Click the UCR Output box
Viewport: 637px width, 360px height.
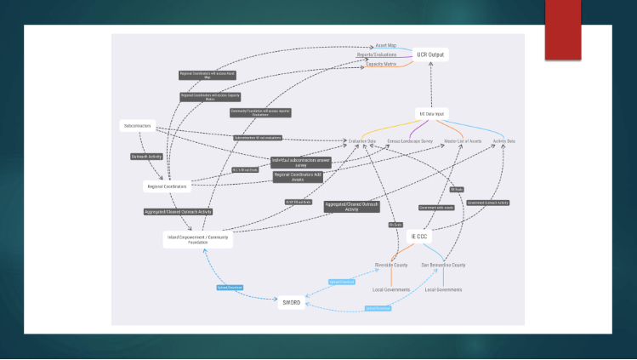click(430, 54)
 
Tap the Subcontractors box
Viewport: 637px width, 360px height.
click(137, 126)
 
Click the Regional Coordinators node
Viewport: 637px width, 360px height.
click(166, 186)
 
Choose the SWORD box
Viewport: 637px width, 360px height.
click(292, 301)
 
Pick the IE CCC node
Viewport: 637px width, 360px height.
click(419, 236)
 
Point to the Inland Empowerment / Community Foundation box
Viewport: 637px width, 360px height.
click(196, 239)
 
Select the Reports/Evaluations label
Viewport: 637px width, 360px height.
click(377, 54)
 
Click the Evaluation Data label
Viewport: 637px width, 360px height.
click(362, 140)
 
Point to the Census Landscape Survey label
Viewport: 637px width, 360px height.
click(410, 140)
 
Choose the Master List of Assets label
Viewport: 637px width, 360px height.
click(462, 140)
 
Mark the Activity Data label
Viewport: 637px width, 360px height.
click(505, 140)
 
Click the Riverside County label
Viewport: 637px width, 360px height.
click(391, 265)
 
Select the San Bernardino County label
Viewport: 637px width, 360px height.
click(443, 265)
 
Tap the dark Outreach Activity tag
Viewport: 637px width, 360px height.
click(146, 157)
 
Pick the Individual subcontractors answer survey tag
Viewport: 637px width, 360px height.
click(301, 161)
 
